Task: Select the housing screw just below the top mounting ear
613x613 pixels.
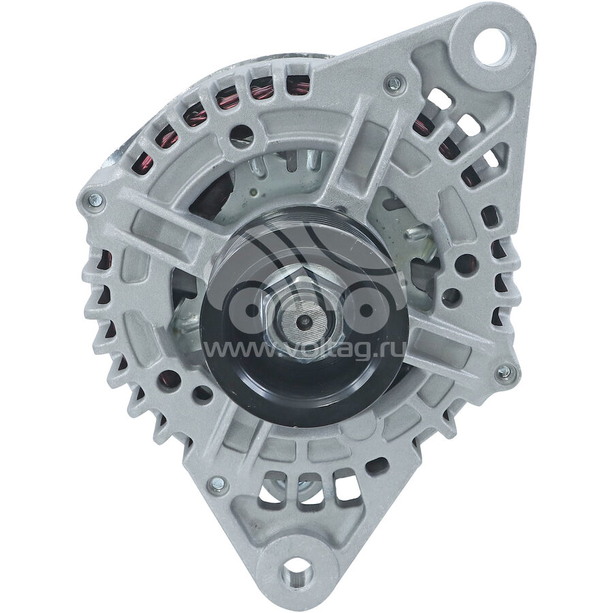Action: tap(393, 83)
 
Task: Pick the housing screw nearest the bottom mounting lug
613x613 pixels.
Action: tap(218, 483)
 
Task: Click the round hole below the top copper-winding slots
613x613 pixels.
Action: tap(241, 136)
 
